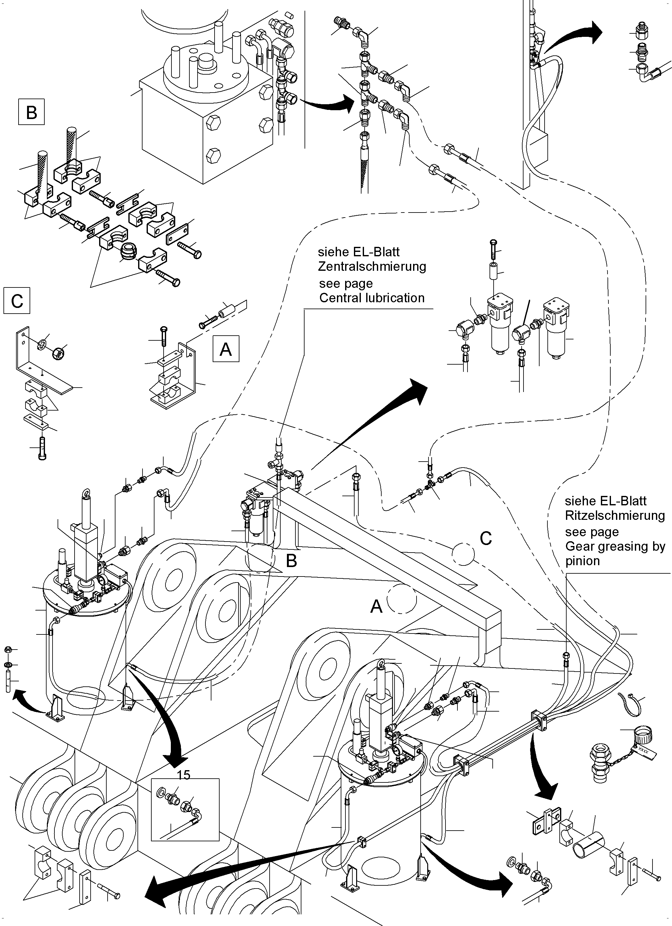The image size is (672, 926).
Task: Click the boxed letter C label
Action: click(x=17, y=301)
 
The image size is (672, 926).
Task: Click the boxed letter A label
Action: click(x=226, y=349)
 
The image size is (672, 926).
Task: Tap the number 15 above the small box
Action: click(x=184, y=775)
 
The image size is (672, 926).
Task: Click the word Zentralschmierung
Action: click(x=372, y=267)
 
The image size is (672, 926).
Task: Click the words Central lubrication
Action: click(x=372, y=298)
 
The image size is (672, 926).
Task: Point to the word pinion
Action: click(x=582, y=561)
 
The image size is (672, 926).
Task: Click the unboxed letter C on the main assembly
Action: click(x=485, y=539)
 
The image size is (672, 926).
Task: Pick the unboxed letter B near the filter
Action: click(x=291, y=561)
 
